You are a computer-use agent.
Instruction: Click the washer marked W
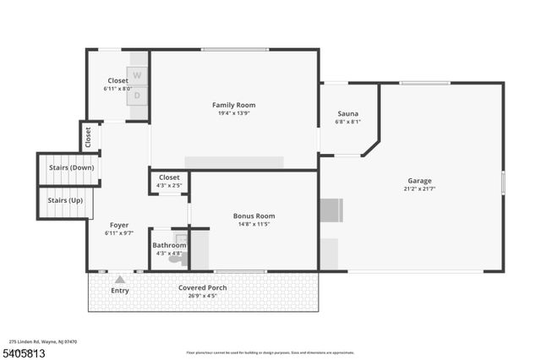(x=138, y=75)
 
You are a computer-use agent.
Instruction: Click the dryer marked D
(x=138, y=95)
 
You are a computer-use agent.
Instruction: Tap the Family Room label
(x=233, y=105)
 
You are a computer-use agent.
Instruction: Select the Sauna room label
(x=347, y=113)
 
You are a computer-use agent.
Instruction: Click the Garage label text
(x=419, y=181)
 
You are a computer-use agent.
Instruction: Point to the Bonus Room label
(x=254, y=216)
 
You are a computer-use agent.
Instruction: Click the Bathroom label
(x=169, y=245)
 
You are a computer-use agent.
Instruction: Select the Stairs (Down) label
(x=65, y=168)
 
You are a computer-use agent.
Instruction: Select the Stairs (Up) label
(x=64, y=200)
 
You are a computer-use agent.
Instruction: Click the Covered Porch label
(x=202, y=287)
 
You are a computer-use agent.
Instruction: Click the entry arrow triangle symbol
(x=120, y=279)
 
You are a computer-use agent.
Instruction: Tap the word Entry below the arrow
(x=120, y=292)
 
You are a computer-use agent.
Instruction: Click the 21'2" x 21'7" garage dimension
(x=419, y=189)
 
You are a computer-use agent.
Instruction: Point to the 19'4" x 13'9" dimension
(x=233, y=113)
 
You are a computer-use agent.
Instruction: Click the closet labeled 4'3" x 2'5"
(x=169, y=181)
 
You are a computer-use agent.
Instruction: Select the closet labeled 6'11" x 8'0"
(x=117, y=85)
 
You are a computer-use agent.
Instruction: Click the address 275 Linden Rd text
(x=43, y=341)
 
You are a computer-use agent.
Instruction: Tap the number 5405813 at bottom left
(x=24, y=352)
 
